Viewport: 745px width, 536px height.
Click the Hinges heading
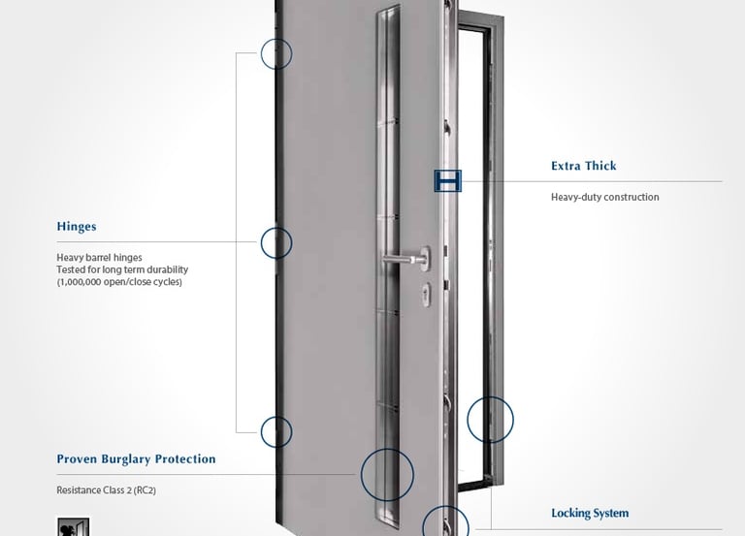click(x=77, y=227)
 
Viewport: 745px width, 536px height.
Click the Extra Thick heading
click(x=584, y=166)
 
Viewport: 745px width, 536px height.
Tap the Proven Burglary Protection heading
click(x=136, y=459)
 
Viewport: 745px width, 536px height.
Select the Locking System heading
click(x=590, y=513)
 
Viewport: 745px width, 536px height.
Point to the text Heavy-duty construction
click(x=604, y=197)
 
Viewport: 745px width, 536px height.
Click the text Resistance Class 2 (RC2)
click(x=106, y=490)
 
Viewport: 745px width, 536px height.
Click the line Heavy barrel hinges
click(x=100, y=257)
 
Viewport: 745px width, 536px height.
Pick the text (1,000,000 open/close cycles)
click(x=119, y=282)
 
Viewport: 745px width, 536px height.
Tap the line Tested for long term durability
click(x=122, y=269)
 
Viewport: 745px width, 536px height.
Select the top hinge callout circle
click(x=276, y=52)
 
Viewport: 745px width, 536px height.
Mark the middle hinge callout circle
click(x=276, y=241)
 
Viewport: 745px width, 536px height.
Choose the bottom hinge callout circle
click(x=276, y=430)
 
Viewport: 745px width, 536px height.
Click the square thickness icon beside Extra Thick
click(x=447, y=180)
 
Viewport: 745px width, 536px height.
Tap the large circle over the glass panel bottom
click(x=387, y=475)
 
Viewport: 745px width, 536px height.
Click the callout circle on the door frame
click(x=490, y=421)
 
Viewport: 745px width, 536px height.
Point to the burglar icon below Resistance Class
click(x=74, y=527)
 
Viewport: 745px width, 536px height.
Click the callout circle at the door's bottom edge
click(x=446, y=525)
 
